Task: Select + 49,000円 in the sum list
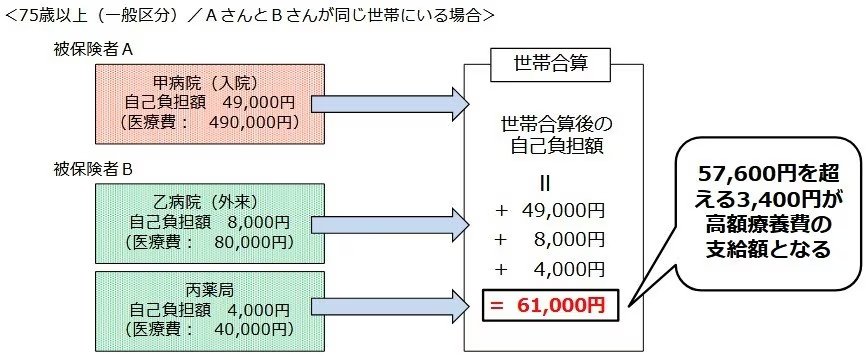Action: (x=552, y=211)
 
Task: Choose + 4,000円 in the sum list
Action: (x=552, y=270)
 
